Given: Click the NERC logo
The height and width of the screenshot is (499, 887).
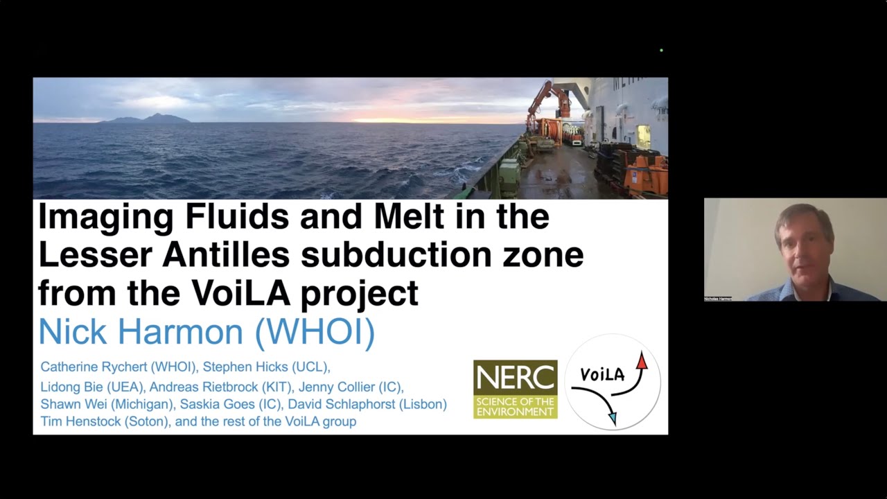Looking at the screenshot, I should tap(515, 389).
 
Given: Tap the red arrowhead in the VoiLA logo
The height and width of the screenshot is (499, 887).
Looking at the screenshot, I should tap(642, 360).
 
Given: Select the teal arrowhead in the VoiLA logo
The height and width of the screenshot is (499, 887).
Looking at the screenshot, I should tap(612, 417).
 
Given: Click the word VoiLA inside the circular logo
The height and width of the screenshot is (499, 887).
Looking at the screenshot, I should tap(601, 375).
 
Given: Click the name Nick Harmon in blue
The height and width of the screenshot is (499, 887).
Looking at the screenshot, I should tap(143, 332).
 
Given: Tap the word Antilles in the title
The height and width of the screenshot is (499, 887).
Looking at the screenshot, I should tap(226, 255).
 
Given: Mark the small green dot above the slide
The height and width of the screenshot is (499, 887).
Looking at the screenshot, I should tap(662, 51).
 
